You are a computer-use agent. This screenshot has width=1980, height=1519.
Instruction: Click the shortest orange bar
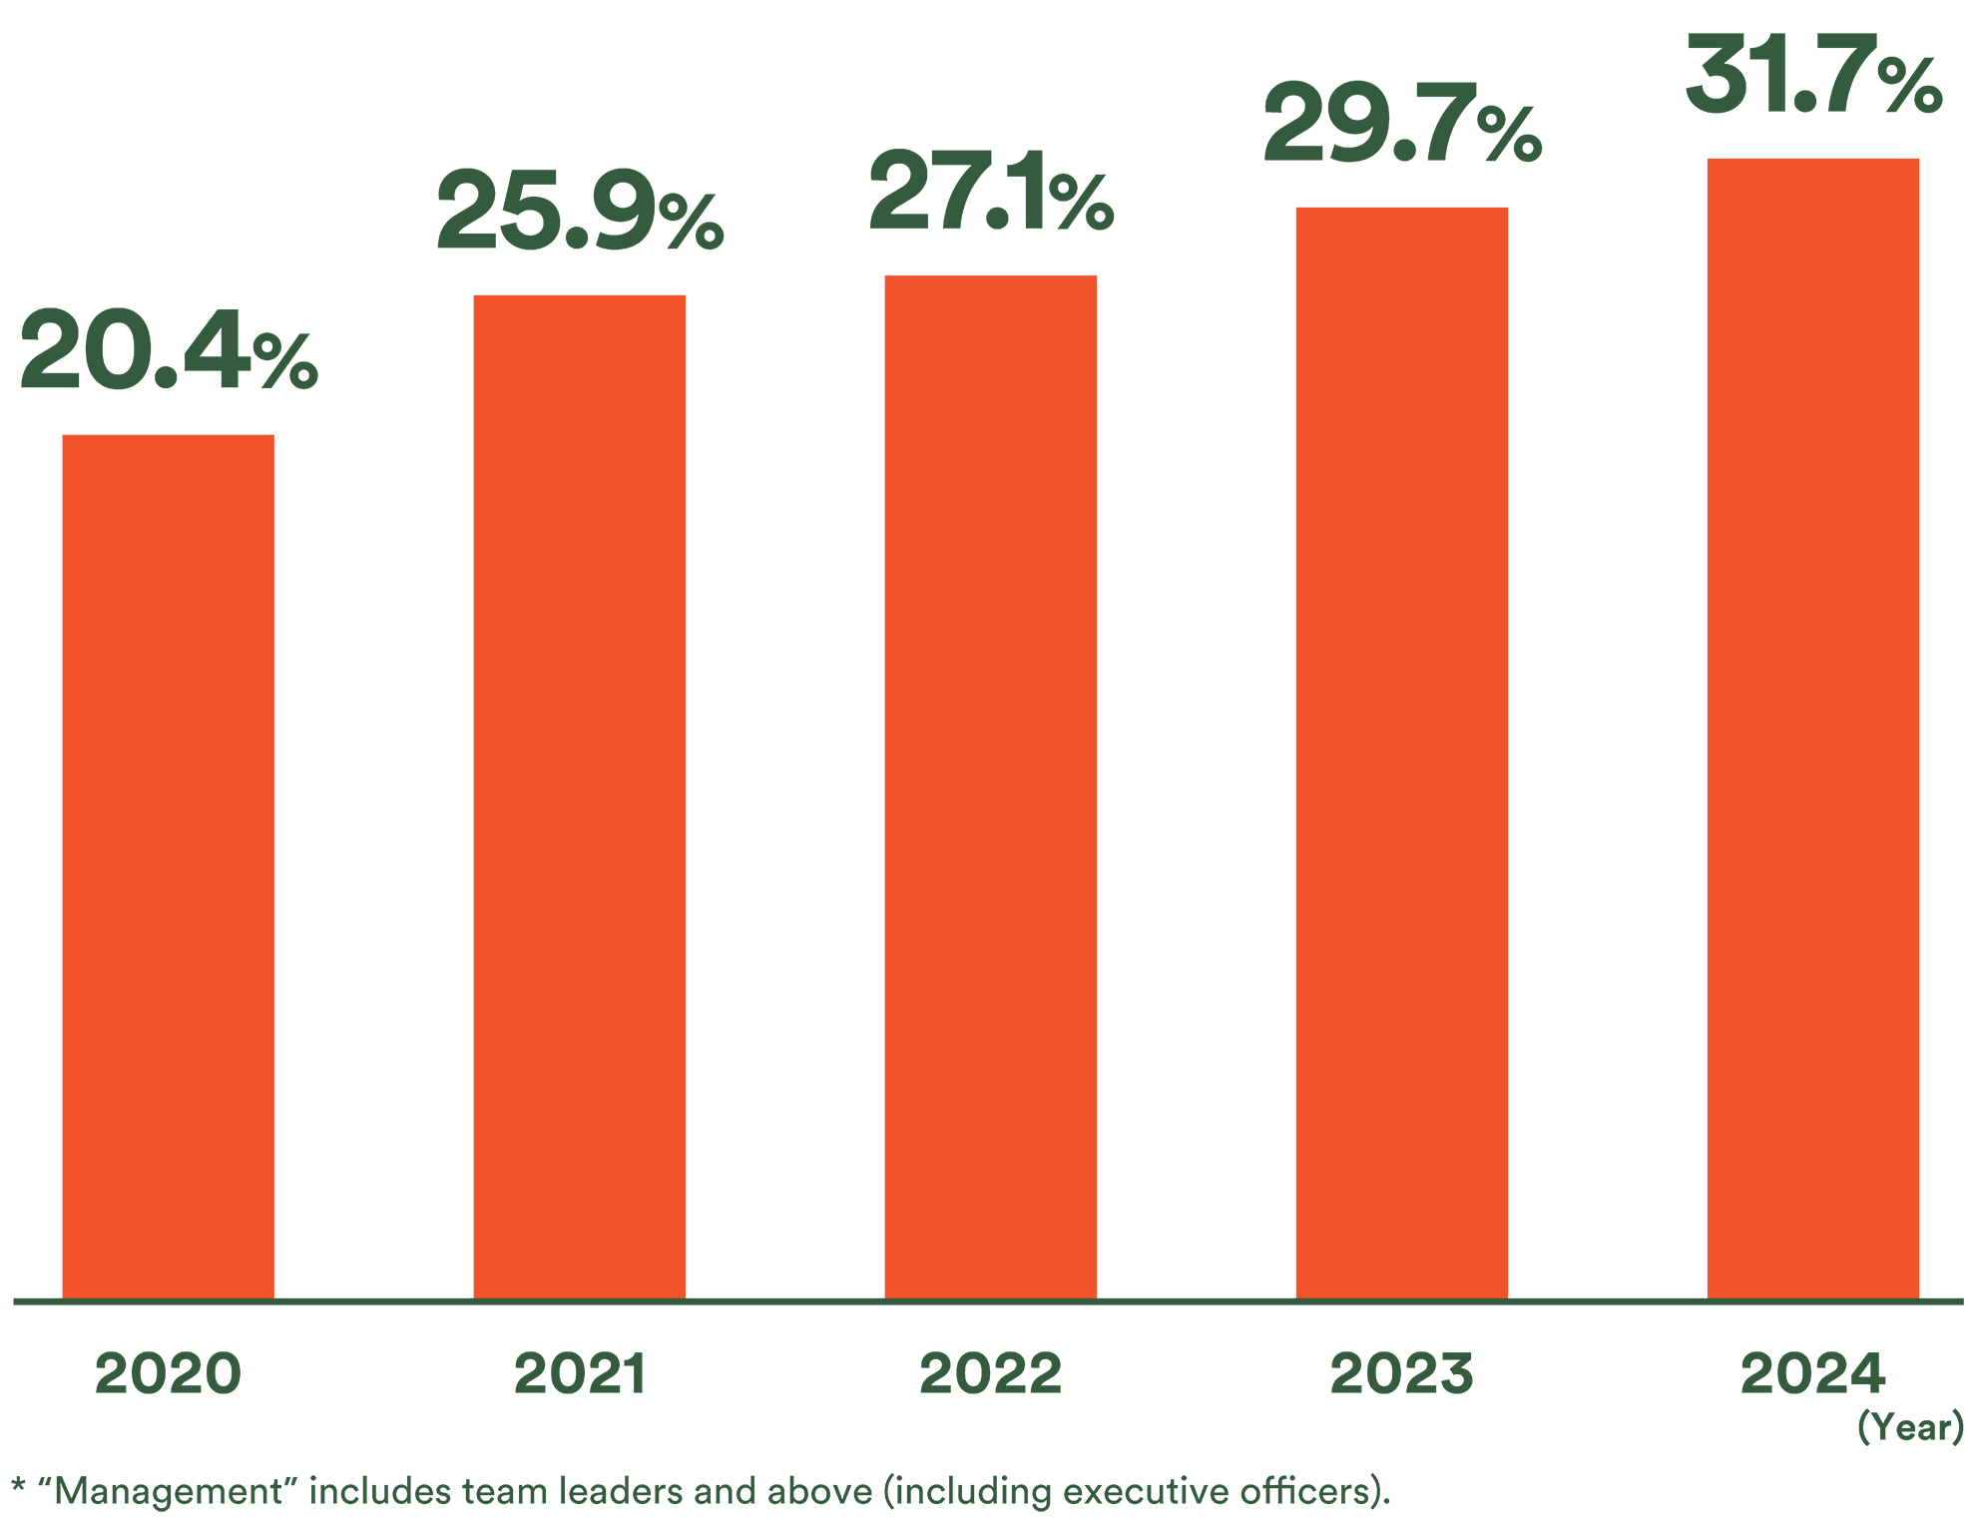click(x=169, y=848)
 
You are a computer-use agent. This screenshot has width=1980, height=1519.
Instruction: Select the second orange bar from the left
click(x=579, y=778)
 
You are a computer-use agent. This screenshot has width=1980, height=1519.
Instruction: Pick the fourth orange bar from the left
click(x=1401, y=739)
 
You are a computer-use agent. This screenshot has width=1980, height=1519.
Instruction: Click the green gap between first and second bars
click(x=374, y=798)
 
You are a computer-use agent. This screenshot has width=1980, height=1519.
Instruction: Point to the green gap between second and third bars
click(x=785, y=798)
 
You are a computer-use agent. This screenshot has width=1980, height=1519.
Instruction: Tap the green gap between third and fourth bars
click(x=1197, y=798)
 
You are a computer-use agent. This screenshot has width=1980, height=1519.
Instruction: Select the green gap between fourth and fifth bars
click(x=1608, y=798)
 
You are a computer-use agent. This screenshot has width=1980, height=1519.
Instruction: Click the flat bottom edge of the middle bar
click(x=990, y=1296)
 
